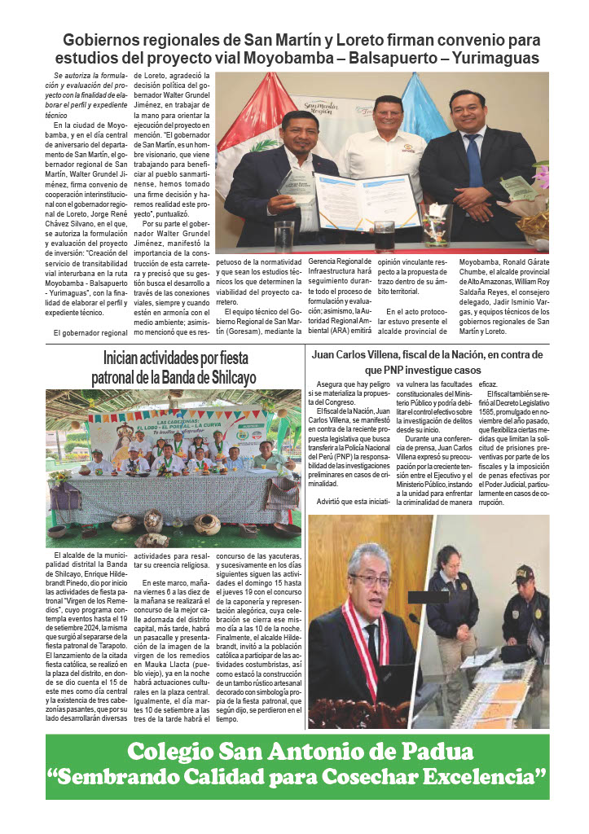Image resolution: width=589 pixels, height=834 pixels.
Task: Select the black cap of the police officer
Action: pos(523,573)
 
